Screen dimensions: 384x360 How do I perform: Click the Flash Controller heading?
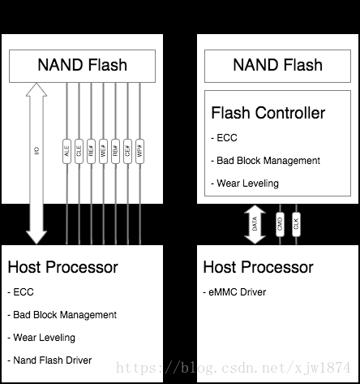[x=268, y=113]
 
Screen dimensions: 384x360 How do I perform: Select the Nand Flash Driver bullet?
[x=49, y=360]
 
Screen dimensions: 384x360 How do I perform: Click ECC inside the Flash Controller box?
[x=225, y=137]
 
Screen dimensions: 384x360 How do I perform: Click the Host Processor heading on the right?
[x=258, y=267]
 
